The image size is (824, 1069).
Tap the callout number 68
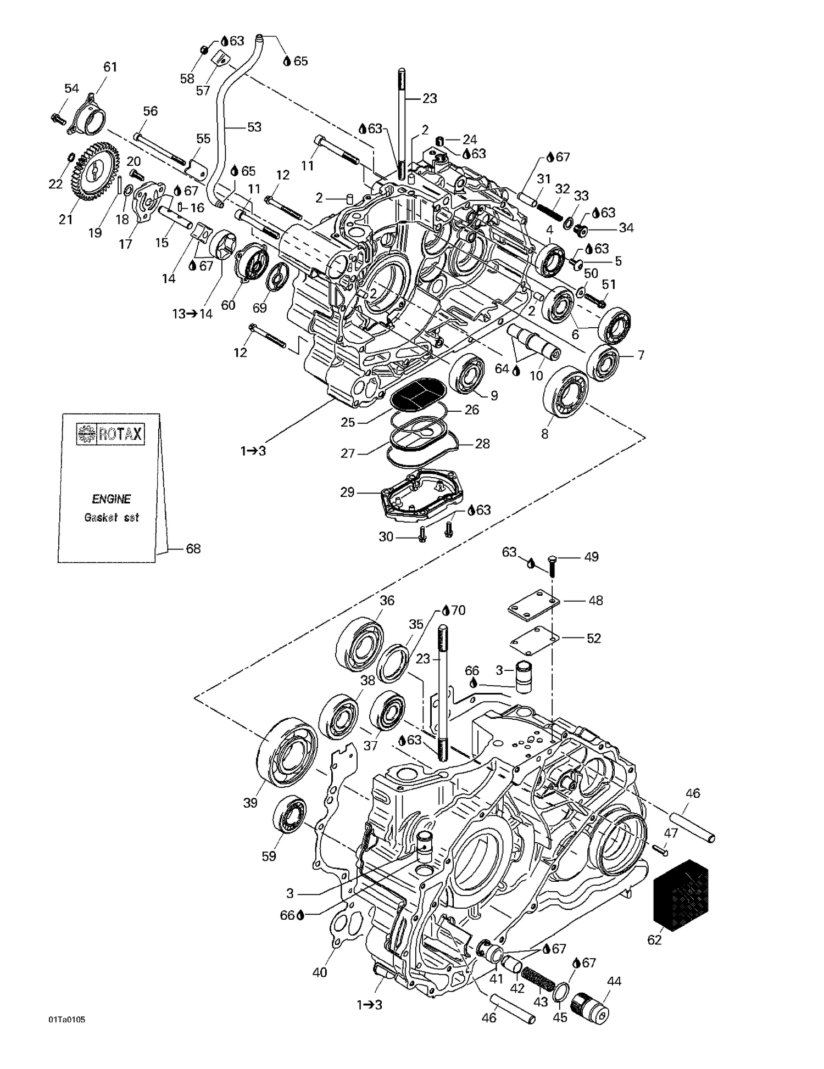pyautogui.click(x=193, y=549)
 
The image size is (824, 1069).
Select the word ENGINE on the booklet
pyautogui.click(x=111, y=499)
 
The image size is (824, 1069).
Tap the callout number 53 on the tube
pyautogui.click(x=254, y=127)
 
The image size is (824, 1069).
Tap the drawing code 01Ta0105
pyautogui.click(x=66, y=1020)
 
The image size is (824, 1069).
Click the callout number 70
pyautogui.click(x=458, y=610)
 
